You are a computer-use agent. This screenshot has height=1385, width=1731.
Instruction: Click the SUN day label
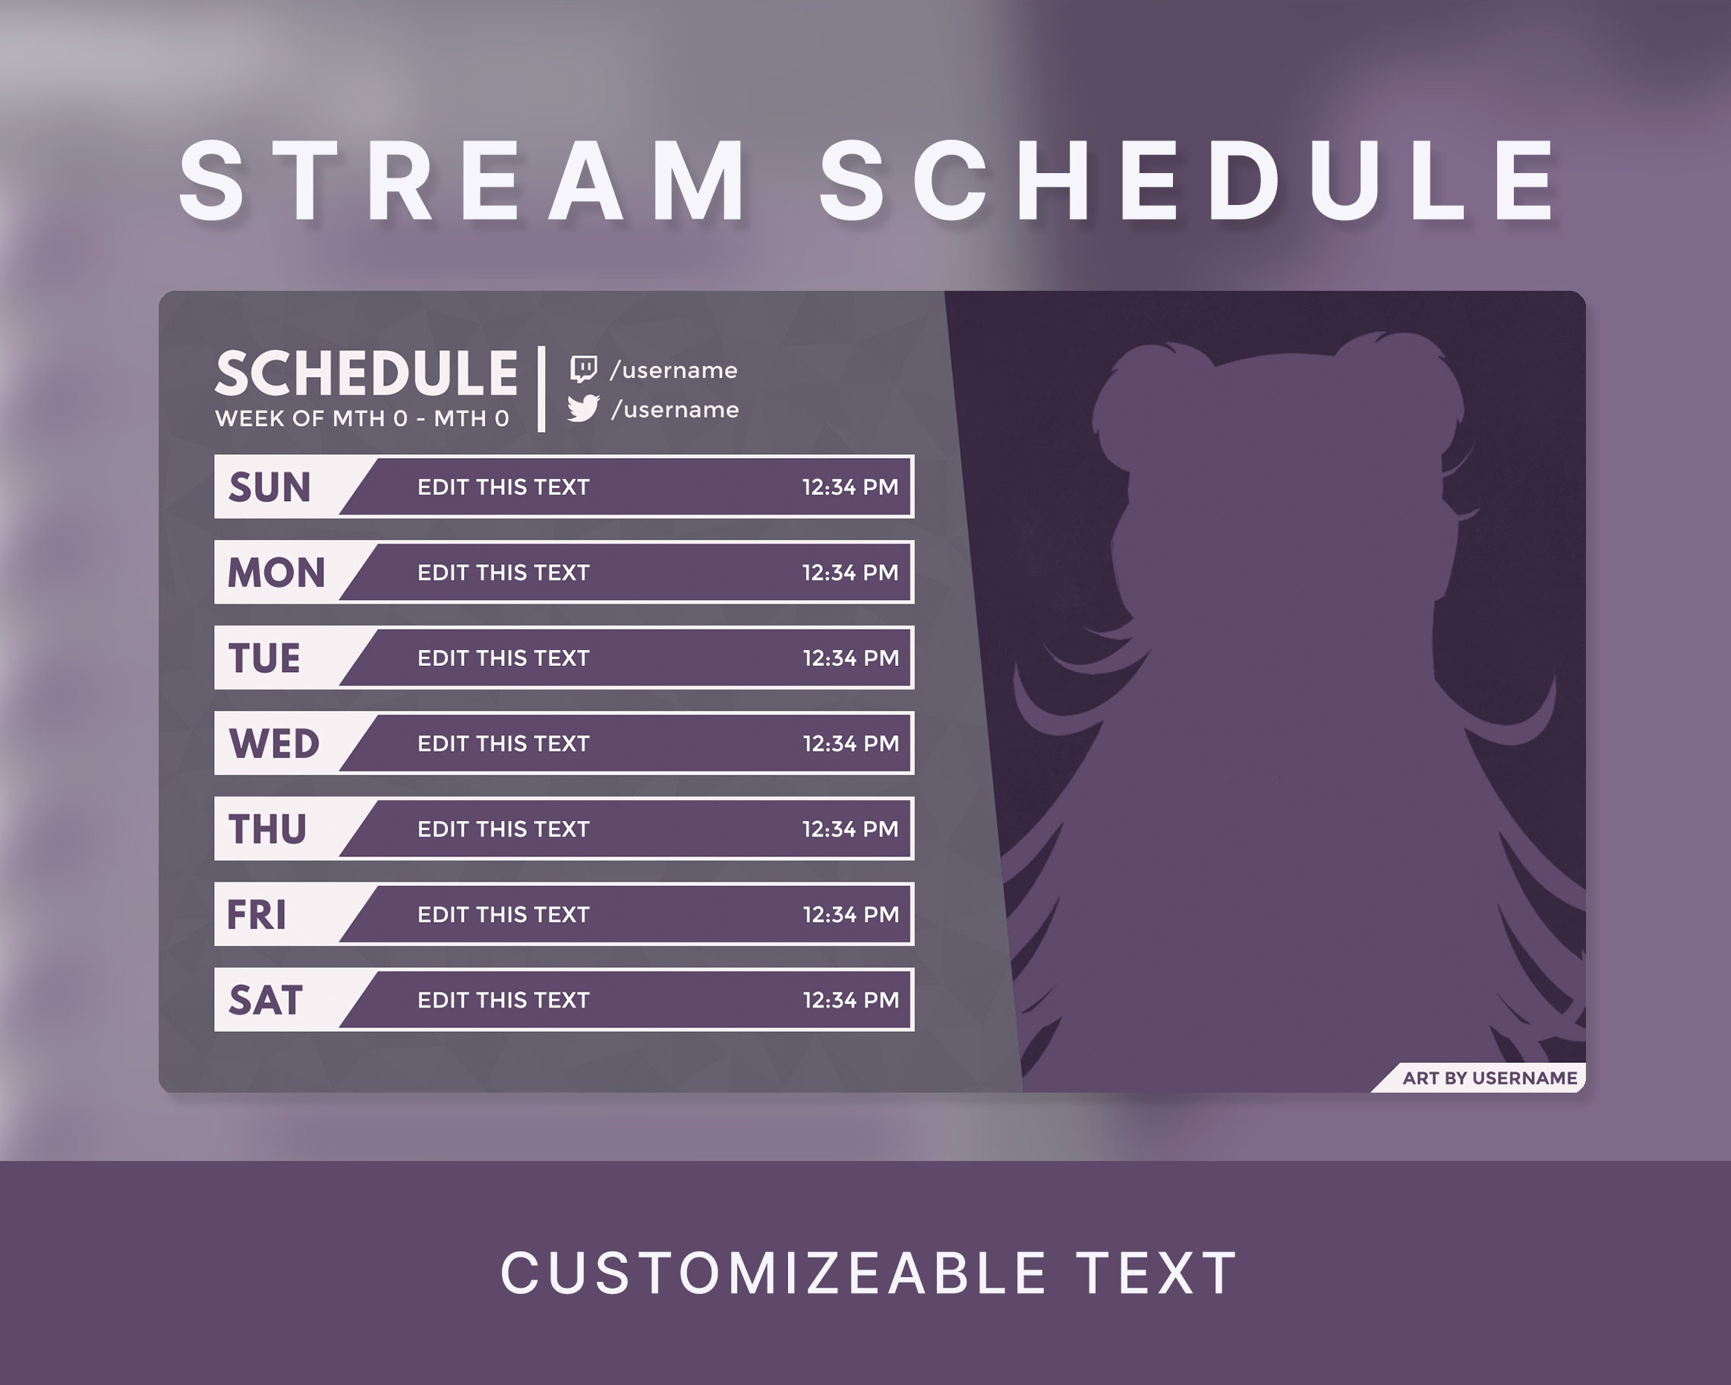pos(269,487)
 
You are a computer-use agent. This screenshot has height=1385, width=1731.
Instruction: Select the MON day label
pos(276,573)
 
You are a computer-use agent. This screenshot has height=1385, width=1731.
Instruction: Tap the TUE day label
pos(264,658)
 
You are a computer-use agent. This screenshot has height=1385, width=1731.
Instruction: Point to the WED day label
pos(274,743)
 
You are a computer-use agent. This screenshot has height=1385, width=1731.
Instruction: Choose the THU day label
pos(267,829)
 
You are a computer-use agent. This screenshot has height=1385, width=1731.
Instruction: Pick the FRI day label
pos(256,914)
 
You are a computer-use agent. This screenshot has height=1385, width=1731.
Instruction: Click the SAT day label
pos(265,1001)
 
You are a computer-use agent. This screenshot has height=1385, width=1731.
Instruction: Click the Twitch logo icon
pos(583,369)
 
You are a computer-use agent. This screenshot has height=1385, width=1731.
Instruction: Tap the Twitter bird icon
pos(583,408)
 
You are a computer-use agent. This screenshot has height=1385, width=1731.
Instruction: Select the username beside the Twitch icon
pos(673,370)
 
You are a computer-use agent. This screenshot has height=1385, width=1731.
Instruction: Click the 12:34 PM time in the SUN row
pos(850,487)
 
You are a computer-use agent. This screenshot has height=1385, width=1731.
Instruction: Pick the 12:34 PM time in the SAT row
pos(850,1001)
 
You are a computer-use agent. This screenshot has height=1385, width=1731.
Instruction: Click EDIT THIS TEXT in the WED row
pos(503,743)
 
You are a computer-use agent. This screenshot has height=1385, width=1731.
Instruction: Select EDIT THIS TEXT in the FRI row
pos(503,914)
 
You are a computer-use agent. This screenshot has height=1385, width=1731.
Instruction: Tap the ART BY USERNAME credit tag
pos(1489,1078)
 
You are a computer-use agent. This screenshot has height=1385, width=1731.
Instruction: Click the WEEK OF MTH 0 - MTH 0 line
pos(362,418)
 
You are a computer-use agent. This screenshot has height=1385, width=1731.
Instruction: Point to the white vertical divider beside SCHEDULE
pos(542,390)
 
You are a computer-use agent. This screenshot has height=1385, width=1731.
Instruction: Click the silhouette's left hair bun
pos(1140,393)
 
